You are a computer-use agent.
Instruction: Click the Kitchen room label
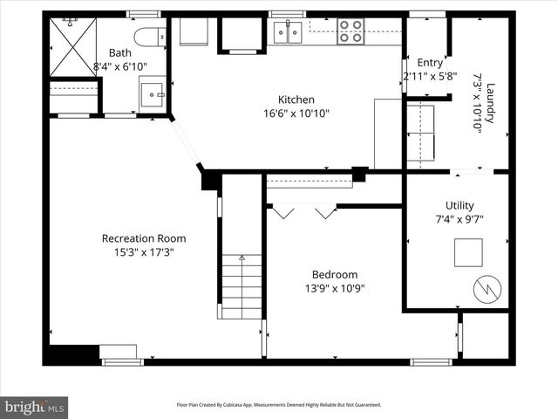(296, 100)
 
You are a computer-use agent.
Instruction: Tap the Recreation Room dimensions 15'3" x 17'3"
(144, 252)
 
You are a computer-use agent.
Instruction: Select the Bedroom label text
(335, 274)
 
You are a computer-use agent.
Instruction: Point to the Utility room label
(459, 206)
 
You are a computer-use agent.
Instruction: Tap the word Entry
(430, 63)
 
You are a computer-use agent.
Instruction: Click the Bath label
(120, 52)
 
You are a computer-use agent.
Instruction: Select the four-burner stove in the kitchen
(350, 31)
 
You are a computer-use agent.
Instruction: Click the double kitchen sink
(288, 32)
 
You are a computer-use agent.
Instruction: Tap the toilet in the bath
(150, 37)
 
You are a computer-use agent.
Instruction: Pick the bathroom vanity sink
(153, 95)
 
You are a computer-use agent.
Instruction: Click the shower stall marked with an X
(73, 47)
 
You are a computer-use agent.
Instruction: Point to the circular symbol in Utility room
(487, 289)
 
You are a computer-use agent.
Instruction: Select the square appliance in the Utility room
(468, 252)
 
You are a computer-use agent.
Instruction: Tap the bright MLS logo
(34, 407)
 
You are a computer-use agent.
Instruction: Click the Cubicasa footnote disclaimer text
(279, 405)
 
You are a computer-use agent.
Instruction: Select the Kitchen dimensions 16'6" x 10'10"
(296, 113)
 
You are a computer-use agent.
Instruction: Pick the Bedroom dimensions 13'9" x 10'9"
(335, 288)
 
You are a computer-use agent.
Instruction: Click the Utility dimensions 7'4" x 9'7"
(459, 219)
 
